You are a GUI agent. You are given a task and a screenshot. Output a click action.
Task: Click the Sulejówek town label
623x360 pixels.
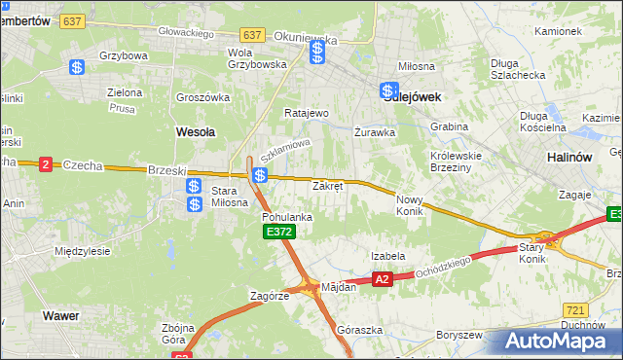pyautogui.click(x=416, y=96)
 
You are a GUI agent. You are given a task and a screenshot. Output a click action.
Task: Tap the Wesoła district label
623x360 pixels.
pyautogui.click(x=195, y=130)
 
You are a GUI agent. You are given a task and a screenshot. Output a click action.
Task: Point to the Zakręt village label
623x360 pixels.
pyautogui.click(x=327, y=186)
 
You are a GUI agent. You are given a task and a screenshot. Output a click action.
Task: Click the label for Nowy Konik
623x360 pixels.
pyautogui.click(x=410, y=204)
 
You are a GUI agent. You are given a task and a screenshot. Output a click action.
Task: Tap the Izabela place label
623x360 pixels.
pyautogui.click(x=387, y=256)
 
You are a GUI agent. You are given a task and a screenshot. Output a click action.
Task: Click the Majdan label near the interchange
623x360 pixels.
pyautogui.click(x=339, y=287)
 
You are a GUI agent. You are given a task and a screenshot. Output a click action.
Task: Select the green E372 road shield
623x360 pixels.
pyautogui.click(x=277, y=232)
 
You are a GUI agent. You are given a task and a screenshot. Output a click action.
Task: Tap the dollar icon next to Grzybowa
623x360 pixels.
pyautogui.click(x=77, y=67)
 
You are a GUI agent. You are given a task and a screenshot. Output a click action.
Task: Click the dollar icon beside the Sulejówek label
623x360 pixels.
pyautogui.click(x=388, y=90)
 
